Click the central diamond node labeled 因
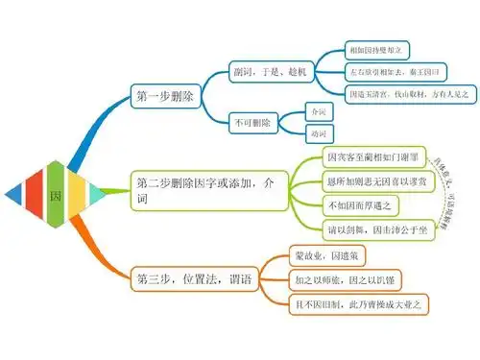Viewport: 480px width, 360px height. [x=55, y=193]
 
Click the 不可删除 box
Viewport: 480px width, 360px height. [x=252, y=122]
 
